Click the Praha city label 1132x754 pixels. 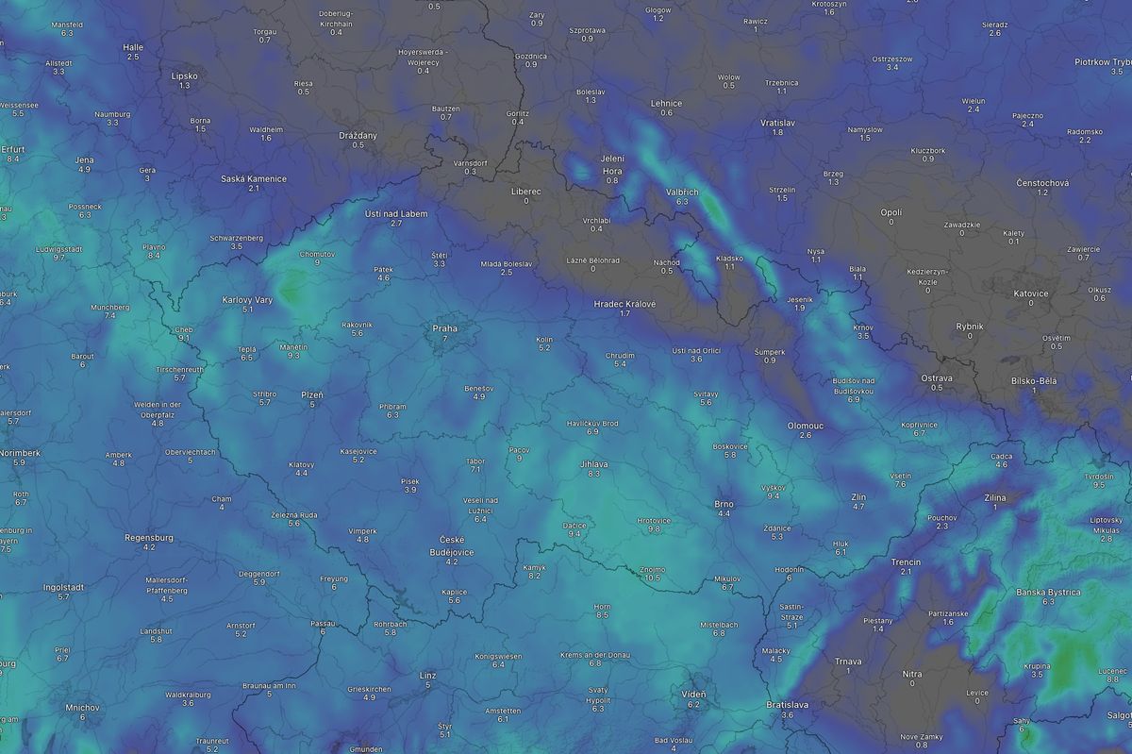444,327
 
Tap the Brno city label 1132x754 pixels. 724,504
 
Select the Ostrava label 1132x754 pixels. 937,377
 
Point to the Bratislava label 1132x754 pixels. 788,704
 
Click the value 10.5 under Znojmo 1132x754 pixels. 652,578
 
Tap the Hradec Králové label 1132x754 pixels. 624,303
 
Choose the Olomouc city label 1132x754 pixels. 805,426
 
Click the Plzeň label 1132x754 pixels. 311,394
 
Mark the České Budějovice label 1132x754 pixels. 451,545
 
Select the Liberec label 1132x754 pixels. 525,191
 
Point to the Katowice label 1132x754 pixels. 1030,293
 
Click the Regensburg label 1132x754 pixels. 149,537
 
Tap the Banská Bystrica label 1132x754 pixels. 1048,592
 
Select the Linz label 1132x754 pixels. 427,676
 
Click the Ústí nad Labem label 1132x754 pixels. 396,213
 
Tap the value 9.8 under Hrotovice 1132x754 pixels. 654,529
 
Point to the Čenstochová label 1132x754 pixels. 1042,181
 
